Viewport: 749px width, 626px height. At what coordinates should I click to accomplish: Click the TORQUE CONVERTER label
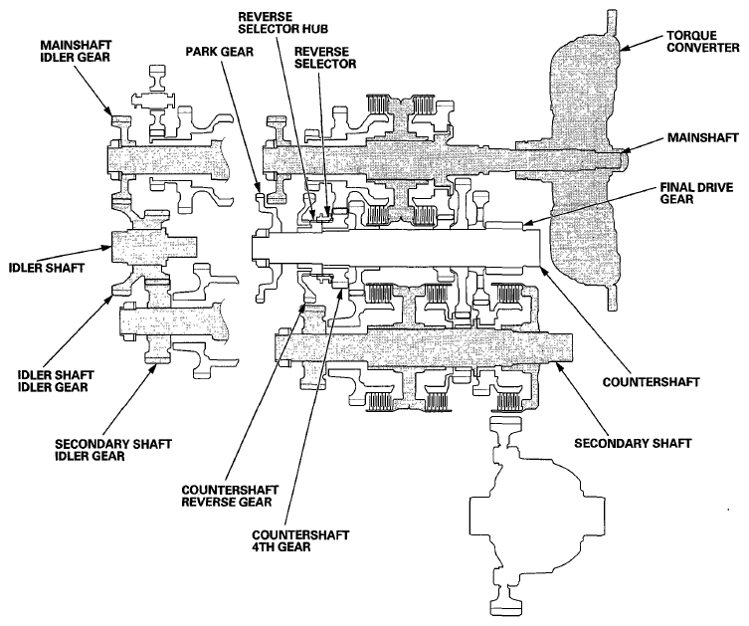point(702,42)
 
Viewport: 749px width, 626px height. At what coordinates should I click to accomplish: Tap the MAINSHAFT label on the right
point(702,138)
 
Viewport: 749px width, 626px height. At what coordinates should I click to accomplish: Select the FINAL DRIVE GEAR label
point(696,193)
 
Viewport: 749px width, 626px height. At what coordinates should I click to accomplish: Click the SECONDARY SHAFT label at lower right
point(633,444)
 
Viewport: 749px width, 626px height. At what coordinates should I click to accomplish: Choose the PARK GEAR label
point(219,51)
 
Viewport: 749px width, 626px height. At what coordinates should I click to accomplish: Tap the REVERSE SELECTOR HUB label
point(283,23)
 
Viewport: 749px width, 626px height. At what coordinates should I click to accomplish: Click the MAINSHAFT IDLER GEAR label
point(76,51)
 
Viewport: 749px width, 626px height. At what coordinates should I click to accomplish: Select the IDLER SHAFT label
point(47,268)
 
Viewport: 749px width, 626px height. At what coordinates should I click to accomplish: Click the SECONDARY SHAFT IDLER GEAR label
point(113,450)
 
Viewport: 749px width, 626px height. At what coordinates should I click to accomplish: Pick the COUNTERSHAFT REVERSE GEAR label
point(230,496)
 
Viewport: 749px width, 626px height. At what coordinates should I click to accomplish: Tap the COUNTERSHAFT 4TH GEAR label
point(300,540)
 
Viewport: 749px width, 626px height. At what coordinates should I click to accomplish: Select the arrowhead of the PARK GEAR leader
point(258,190)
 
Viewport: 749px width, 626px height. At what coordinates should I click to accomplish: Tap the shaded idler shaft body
point(154,247)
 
